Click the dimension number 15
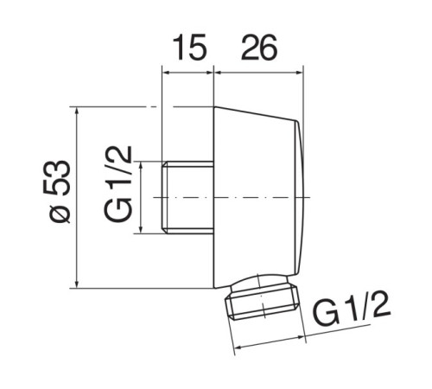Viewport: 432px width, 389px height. tap(189, 47)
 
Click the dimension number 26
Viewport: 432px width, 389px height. tap(259, 47)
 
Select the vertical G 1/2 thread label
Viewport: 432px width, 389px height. tap(118, 183)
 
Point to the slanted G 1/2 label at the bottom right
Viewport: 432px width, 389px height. tap(351, 309)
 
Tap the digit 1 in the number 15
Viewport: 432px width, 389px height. tap(179, 47)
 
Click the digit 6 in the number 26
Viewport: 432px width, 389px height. tap(269, 48)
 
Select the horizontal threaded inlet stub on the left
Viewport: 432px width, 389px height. tap(187, 197)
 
